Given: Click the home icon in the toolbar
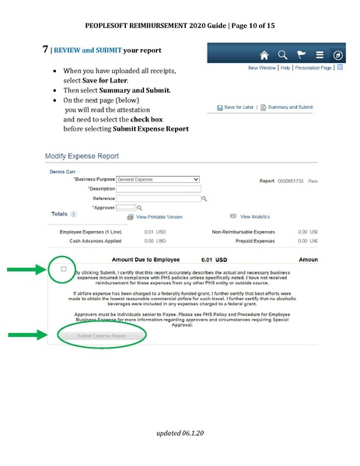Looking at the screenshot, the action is coord(264,55).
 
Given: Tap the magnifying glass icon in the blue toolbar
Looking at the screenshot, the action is coord(283,55).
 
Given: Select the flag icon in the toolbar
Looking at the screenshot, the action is coord(301,55).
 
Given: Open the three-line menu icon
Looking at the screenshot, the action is coord(320,55).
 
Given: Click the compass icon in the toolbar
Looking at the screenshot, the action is coord(338,55).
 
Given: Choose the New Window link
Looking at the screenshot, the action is coord(263,68).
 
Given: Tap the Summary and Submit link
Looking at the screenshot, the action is coord(288,106).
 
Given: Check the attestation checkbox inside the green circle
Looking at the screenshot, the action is coord(64,269).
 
